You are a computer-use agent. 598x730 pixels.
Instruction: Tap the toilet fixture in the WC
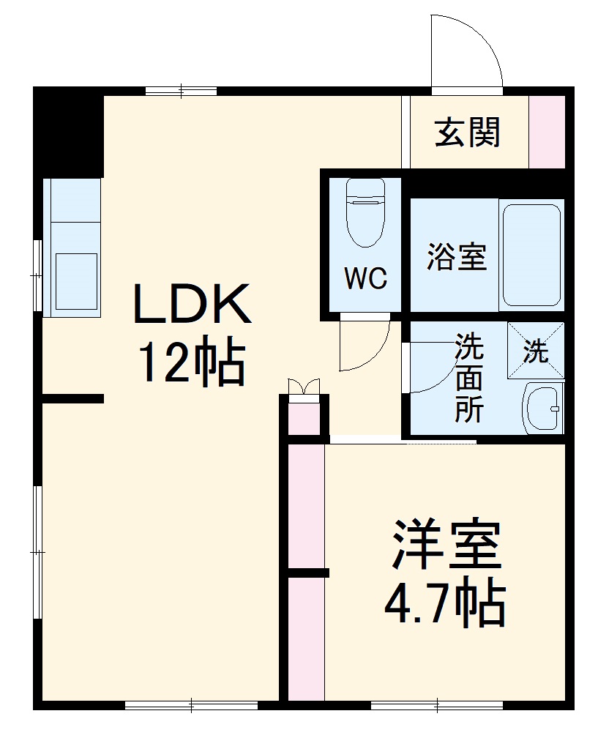coord(365,212)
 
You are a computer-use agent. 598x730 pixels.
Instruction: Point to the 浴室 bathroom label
coord(457,256)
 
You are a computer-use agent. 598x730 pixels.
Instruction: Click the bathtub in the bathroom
coord(532,254)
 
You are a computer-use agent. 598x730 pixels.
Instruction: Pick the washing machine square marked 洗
coord(537,351)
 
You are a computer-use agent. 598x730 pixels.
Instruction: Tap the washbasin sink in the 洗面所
coord(542,409)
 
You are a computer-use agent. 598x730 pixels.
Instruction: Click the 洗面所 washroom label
coord(469,379)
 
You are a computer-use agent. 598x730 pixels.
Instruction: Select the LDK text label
coord(192,305)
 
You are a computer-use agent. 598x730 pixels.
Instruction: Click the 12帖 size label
coord(192,362)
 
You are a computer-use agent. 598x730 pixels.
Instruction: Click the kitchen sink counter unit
coord(72,247)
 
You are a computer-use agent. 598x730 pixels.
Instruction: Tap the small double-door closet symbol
coord(304,387)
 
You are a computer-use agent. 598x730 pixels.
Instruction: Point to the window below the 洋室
coord(436,705)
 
